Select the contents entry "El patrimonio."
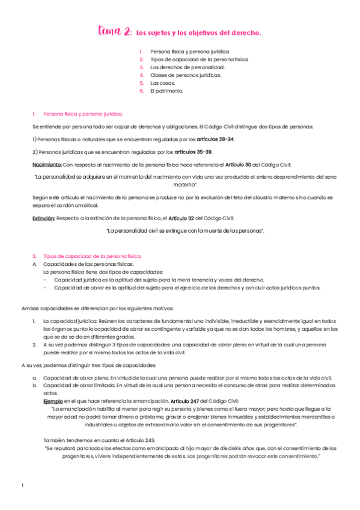(166, 91)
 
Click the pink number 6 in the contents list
(141, 91)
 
